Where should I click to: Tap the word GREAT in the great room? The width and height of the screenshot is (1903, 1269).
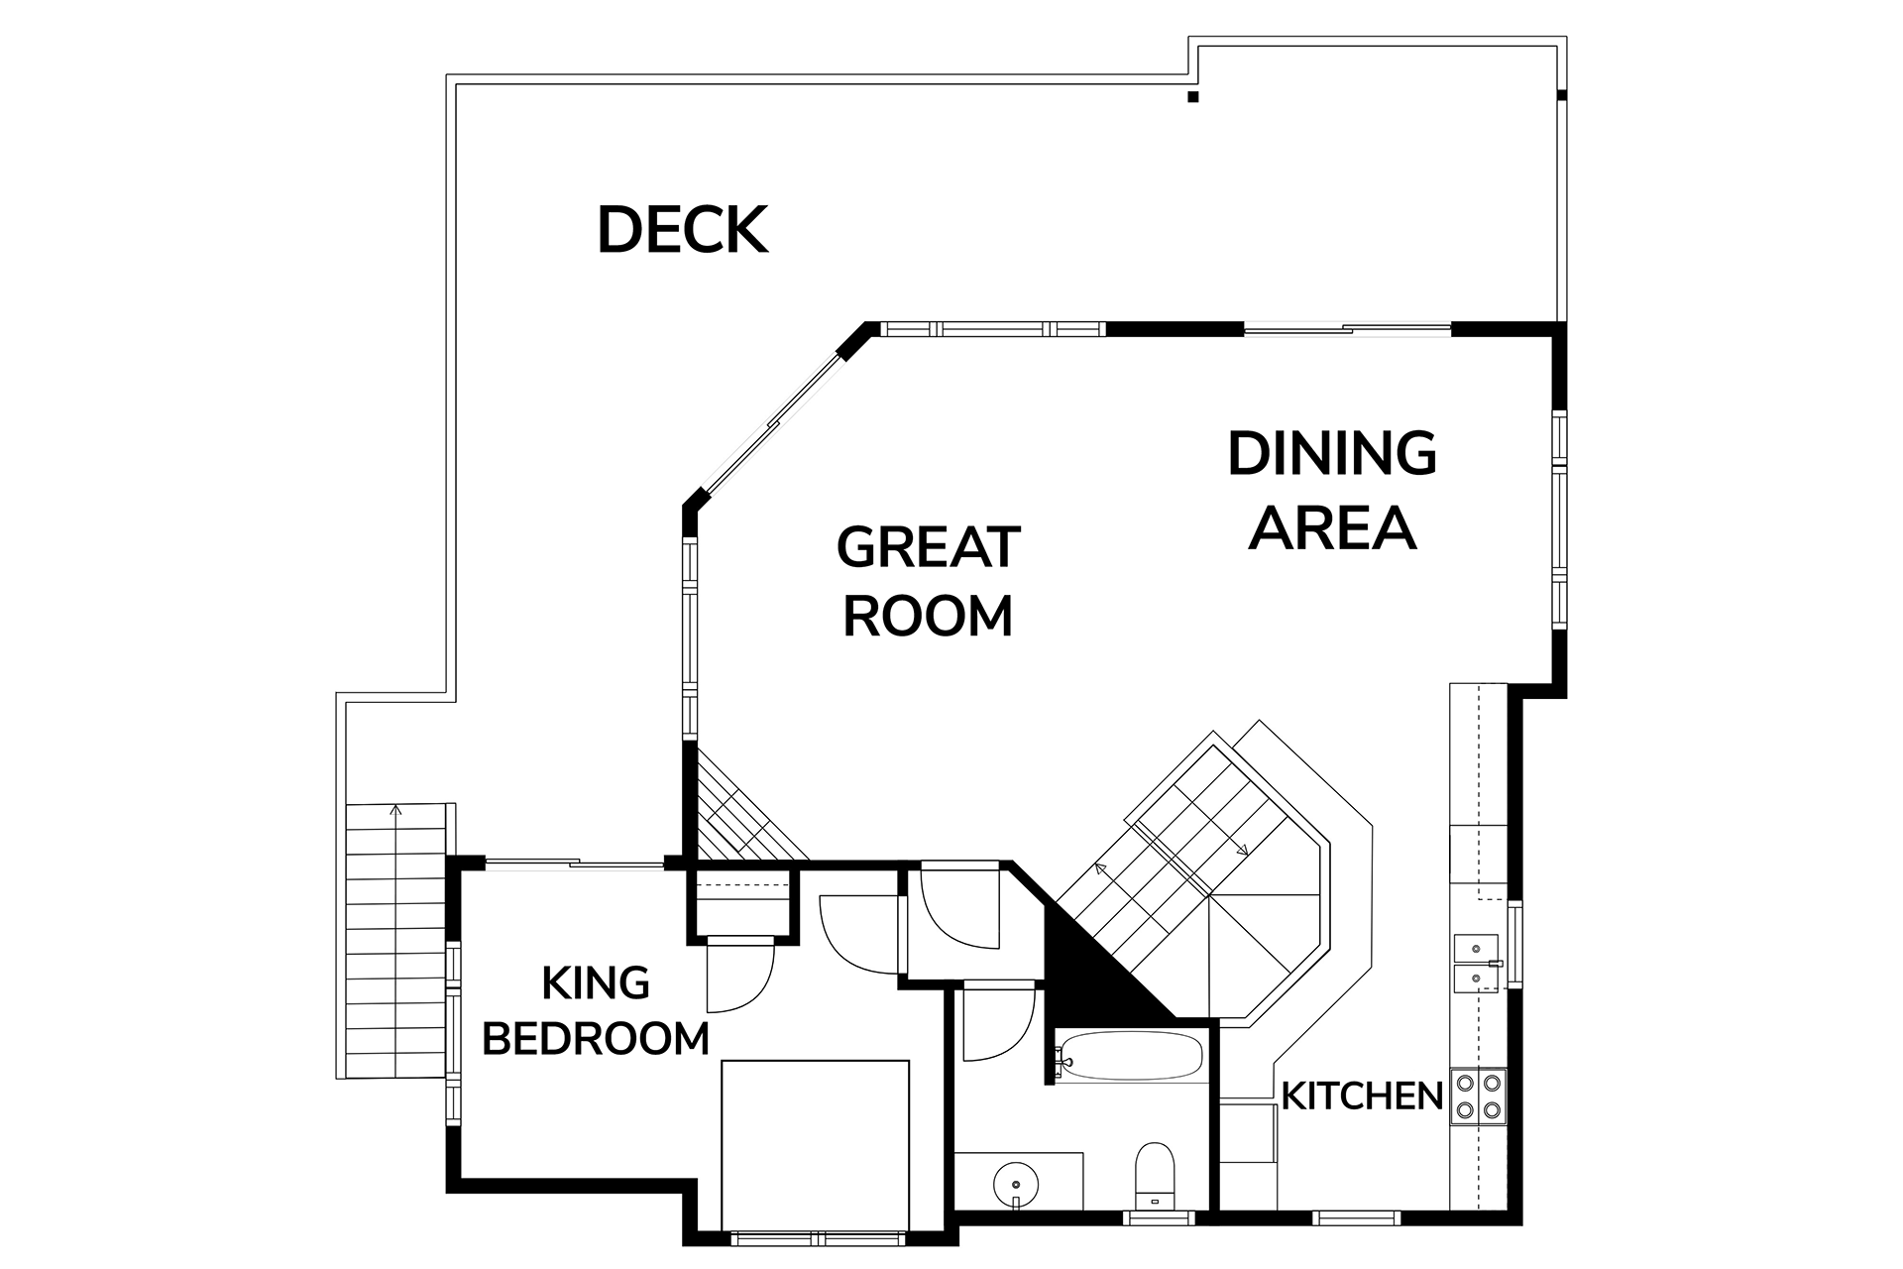point(929,547)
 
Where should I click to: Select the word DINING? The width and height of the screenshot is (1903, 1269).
point(1332,454)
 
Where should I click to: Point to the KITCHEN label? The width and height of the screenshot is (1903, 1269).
point(1362,1096)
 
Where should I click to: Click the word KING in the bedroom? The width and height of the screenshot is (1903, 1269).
point(596,983)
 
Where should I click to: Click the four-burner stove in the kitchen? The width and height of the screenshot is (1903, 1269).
point(1478,1096)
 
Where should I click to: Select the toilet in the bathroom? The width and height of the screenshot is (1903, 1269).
point(1153,1176)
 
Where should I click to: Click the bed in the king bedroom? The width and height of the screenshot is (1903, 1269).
point(815,1144)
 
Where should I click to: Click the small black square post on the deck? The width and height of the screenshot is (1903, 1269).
point(1193,97)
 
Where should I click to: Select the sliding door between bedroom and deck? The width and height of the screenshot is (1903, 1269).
point(575,865)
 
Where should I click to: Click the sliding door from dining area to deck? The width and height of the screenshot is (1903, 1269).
point(1347,329)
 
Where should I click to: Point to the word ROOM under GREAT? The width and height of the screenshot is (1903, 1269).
point(928,616)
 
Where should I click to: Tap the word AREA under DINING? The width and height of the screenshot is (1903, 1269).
point(1332,526)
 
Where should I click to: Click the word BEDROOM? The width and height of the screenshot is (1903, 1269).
point(596,1039)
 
